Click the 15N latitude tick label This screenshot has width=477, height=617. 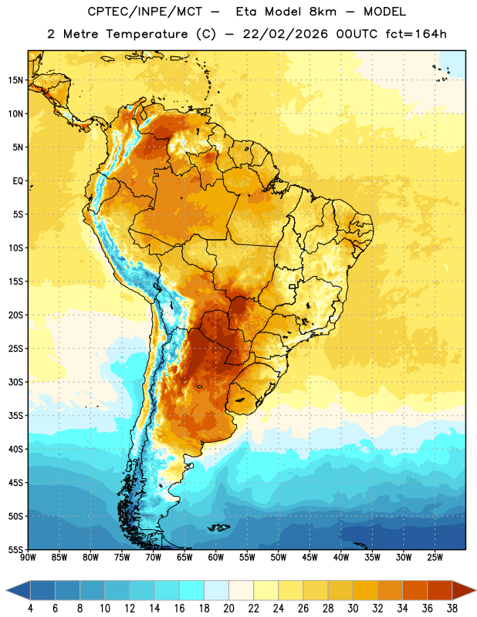pos(15,80)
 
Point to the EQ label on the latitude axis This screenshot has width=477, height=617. pos(18,181)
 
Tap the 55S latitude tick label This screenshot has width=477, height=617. pos(15,549)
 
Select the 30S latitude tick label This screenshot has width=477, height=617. pos(15,382)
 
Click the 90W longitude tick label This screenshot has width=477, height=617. pos(28,557)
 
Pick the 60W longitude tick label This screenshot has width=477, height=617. pos(216,557)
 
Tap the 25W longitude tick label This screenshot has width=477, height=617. pos(435,557)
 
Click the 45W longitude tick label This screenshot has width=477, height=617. pos(310,557)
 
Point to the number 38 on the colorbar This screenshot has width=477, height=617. pos(452,609)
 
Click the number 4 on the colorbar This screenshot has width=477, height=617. pos(30,609)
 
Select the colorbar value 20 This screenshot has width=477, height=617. pos(228,609)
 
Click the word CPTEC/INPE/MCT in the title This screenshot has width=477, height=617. pos(144,12)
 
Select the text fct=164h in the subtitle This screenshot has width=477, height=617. pos(416,34)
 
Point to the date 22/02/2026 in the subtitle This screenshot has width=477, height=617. pos(285,34)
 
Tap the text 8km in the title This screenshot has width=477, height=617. pos(323,12)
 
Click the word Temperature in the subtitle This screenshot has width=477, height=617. pos(147,35)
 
